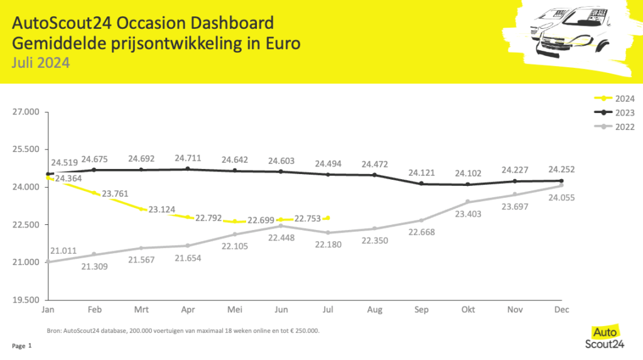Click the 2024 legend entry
click(614, 99)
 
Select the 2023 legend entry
click(614, 112)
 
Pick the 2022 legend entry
click(614, 127)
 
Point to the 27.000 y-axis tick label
click(26, 112)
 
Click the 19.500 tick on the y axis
click(26, 300)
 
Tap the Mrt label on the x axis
click(141, 310)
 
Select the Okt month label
click(468, 310)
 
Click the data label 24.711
click(188, 158)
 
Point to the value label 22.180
click(328, 244)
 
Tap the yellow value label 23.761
click(115, 194)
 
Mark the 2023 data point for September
click(421, 183)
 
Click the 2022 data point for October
click(468, 202)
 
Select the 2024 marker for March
click(141, 209)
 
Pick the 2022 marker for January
click(48, 261)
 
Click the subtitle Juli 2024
click(41, 63)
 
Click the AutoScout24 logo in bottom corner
click(605, 337)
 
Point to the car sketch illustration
click(570, 38)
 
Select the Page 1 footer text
click(22, 346)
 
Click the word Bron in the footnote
click(53, 330)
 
